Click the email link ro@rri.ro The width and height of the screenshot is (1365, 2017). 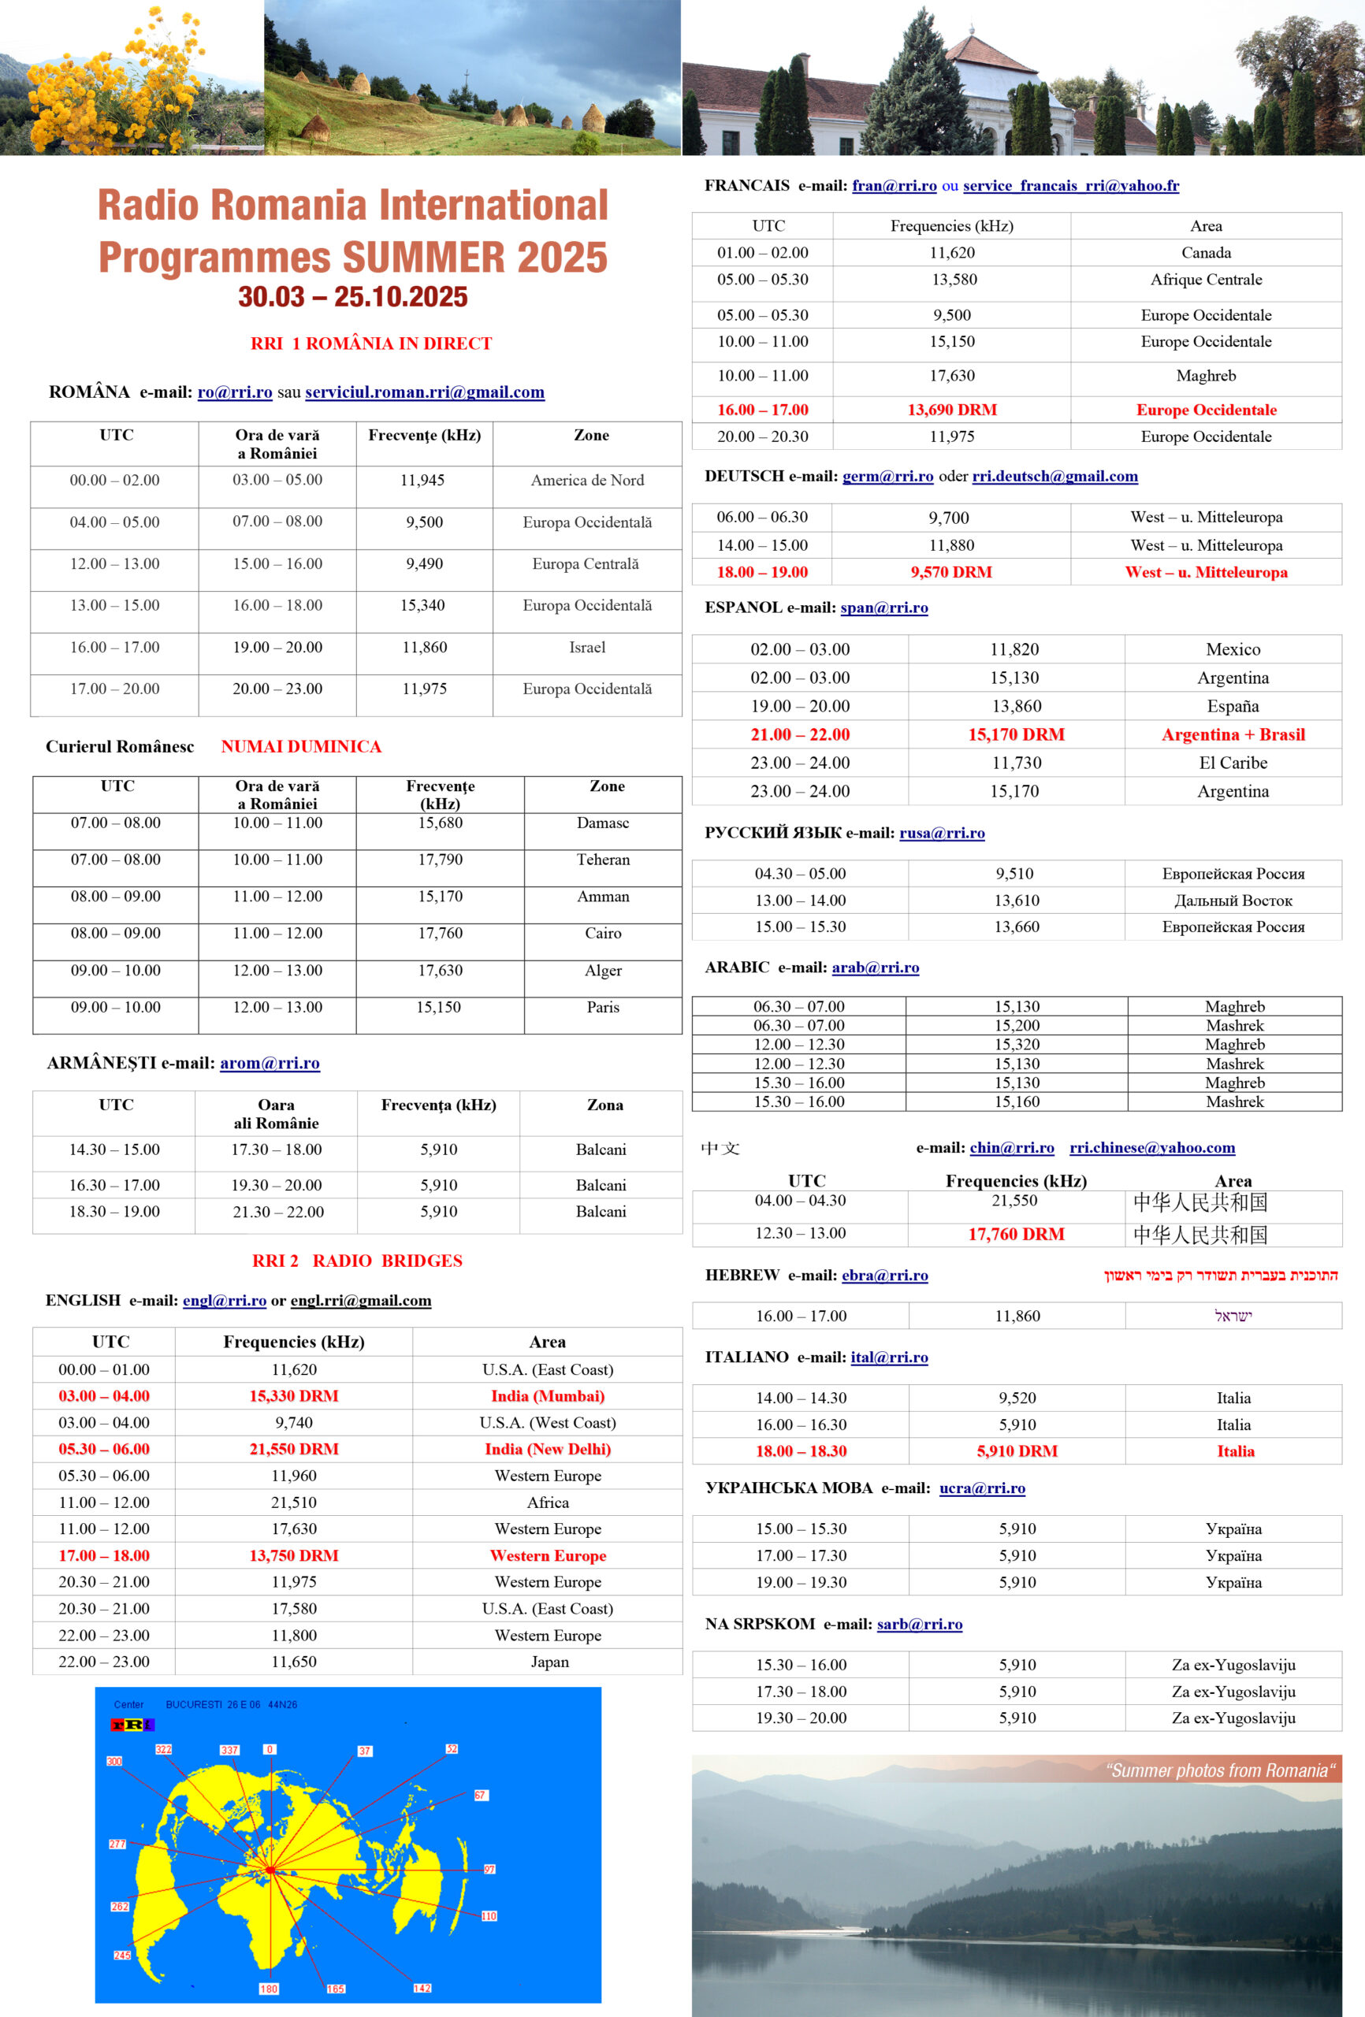point(234,392)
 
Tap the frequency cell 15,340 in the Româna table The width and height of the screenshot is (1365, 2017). point(423,605)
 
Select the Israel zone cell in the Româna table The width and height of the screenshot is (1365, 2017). point(587,647)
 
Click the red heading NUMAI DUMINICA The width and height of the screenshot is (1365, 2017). point(300,746)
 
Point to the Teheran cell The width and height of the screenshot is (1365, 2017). point(603,860)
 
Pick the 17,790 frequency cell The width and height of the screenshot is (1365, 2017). point(441,860)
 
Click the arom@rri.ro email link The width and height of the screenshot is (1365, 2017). point(270,1063)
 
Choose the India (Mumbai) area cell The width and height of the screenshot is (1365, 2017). point(547,1395)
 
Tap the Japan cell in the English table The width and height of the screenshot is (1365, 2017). point(549,1661)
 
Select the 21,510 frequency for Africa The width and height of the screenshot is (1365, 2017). point(293,1503)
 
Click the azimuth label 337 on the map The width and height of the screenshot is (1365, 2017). point(229,1750)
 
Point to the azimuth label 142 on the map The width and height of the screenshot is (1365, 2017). point(422,1989)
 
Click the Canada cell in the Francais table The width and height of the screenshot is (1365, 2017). point(1206,253)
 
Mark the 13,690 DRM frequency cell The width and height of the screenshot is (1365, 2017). point(952,410)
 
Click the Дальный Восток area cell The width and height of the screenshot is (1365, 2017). point(1233,900)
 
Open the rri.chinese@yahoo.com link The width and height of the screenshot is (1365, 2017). point(1151,1147)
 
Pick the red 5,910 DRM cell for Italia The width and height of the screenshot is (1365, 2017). point(1017,1451)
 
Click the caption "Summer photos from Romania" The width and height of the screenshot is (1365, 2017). point(1220,1770)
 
